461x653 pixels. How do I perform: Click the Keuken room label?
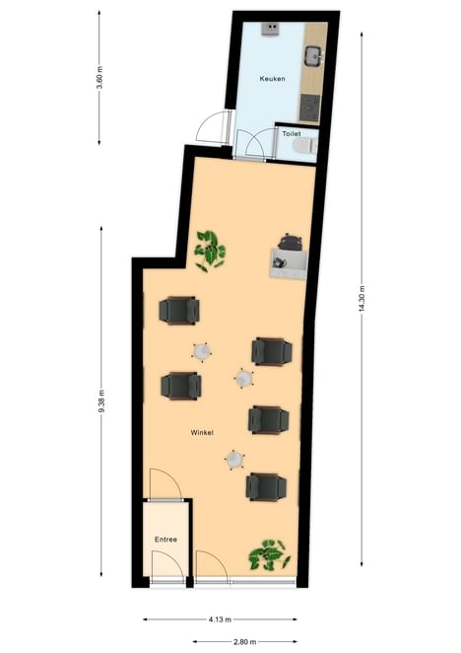coord(273,78)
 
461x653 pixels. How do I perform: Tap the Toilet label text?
coord(292,134)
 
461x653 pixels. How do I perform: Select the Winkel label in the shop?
coord(202,433)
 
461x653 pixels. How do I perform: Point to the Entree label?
coord(165,540)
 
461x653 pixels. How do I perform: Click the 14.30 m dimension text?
coord(362,298)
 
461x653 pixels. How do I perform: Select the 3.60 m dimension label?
coord(99,78)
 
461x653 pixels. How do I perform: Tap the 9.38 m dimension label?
coord(101,401)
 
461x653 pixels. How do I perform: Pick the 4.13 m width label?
coord(220,619)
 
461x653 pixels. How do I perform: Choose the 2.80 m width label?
coord(244,641)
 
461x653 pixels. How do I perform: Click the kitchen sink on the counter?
coord(313,56)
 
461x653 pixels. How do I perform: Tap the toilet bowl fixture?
coord(305,145)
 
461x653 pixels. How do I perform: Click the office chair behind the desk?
coord(290,242)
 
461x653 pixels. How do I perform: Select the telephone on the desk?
coord(279,262)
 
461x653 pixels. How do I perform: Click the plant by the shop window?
coord(269,554)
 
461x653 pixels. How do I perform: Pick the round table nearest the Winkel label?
coord(234,460)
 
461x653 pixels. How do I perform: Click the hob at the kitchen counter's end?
coord(310,109)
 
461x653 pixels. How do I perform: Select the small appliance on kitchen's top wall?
coord(270,29)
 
